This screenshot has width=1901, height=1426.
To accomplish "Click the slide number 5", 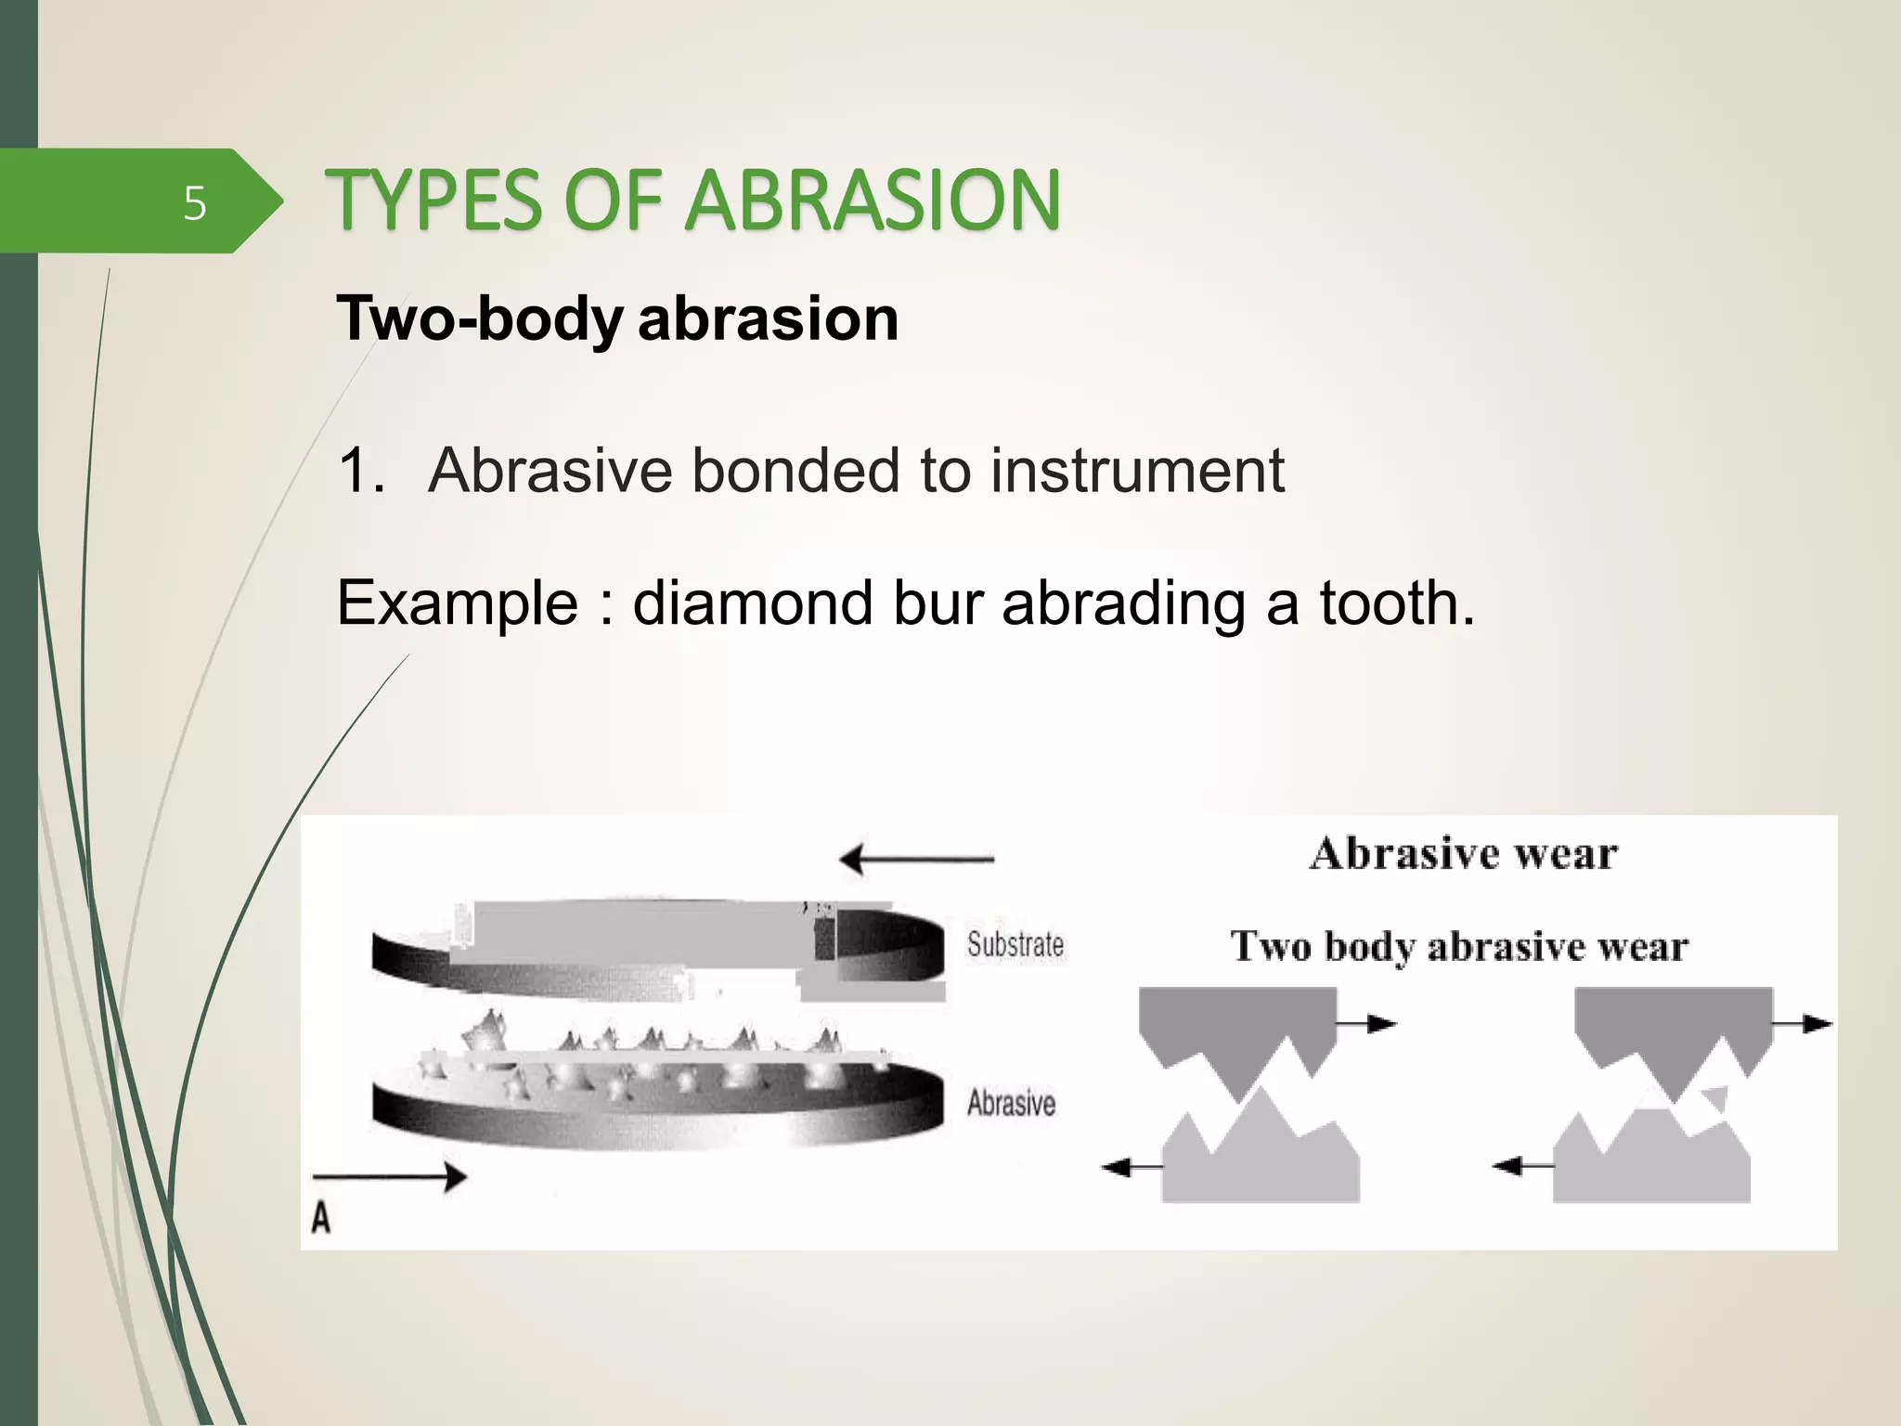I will (194, 202).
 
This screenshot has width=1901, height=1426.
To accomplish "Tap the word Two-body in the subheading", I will (479, 318).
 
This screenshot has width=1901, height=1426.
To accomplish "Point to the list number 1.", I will (360, 470).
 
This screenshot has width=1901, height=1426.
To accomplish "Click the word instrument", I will (1137, 470).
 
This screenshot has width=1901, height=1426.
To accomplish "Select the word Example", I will (458, 603).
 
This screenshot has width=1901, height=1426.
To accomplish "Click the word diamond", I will (753, 603).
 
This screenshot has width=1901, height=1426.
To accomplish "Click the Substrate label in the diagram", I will (1015, 944).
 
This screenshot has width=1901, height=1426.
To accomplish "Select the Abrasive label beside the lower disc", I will (1011, 1103).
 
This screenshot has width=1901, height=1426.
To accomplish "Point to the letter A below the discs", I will (321, 1216).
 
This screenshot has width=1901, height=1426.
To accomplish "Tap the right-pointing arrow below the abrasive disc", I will (390, 1177).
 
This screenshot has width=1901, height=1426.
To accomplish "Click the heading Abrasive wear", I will (1463, 853).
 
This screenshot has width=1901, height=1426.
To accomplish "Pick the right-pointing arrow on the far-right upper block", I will (1802, 1024).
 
